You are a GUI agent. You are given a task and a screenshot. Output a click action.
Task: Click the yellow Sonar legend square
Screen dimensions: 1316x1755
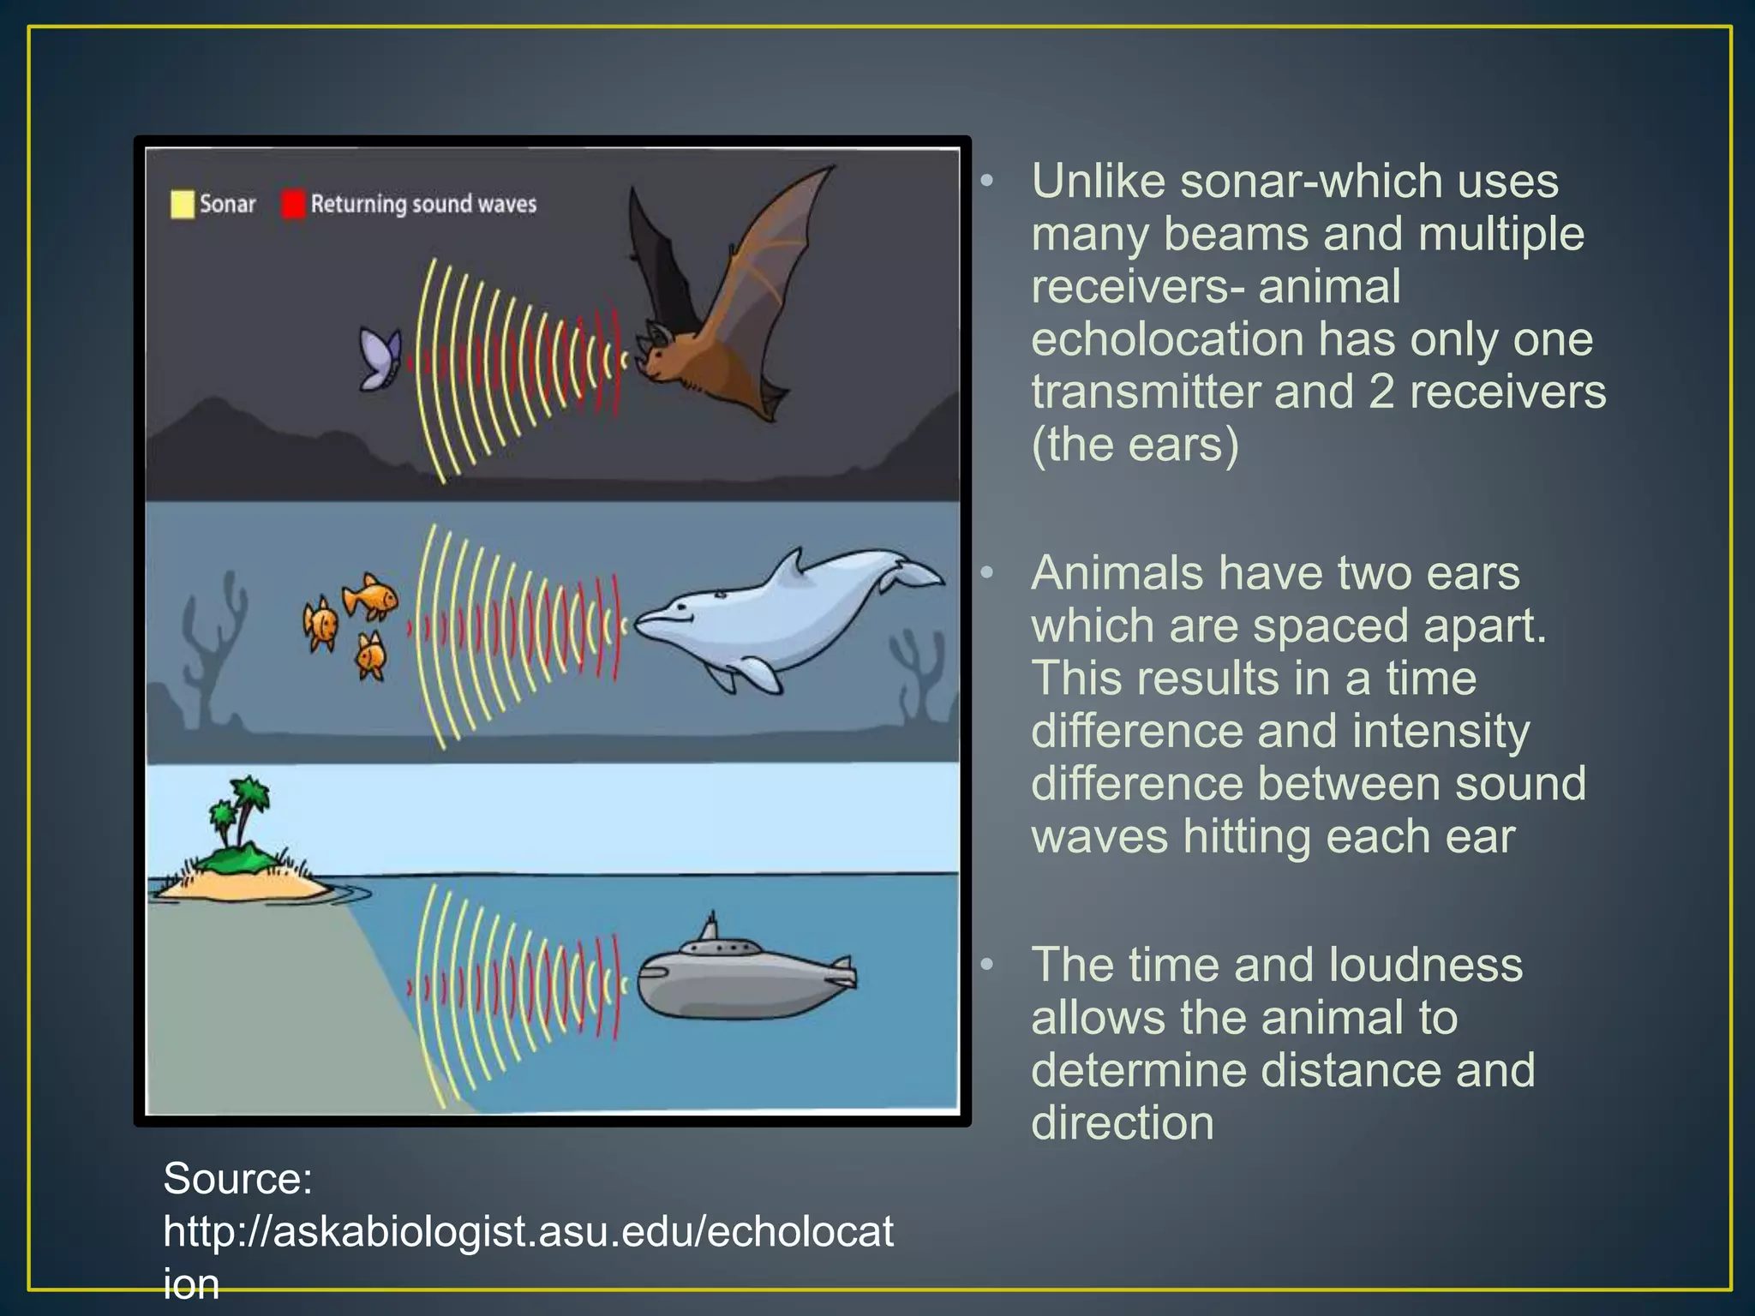[182, 204]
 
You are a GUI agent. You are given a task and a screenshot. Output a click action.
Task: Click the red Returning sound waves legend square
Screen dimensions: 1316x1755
[293, 204]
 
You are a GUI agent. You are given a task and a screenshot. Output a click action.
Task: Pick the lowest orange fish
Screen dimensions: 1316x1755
[371, 657]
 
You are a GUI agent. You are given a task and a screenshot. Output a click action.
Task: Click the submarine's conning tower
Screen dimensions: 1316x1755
[710, 930]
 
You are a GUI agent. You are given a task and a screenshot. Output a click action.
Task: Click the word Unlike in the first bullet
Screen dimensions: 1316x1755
[1098, 182]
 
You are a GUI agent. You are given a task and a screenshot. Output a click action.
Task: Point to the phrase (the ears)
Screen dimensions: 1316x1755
[1135, 445]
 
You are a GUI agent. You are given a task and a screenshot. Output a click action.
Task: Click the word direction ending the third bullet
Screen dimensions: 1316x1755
[1122, 1122]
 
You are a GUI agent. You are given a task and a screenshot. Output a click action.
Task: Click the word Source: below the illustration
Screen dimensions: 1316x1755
[237, 1178]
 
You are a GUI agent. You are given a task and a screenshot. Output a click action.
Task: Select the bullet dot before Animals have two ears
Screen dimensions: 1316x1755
[987, 572]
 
